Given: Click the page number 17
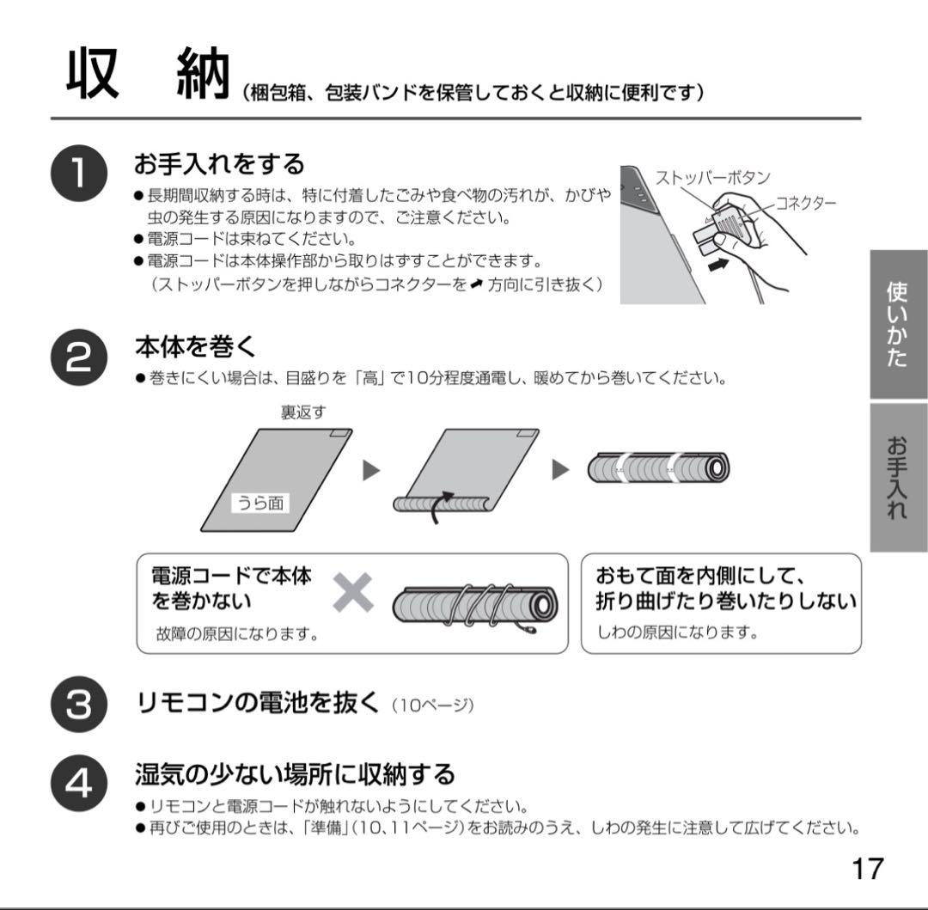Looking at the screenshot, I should coord(867,868).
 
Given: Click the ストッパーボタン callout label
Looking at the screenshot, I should coord(712,178).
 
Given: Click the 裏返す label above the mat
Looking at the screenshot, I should coord(303,412).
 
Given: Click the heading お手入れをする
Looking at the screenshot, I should coord(220,162).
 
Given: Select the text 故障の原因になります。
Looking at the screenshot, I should coord(237,635).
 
